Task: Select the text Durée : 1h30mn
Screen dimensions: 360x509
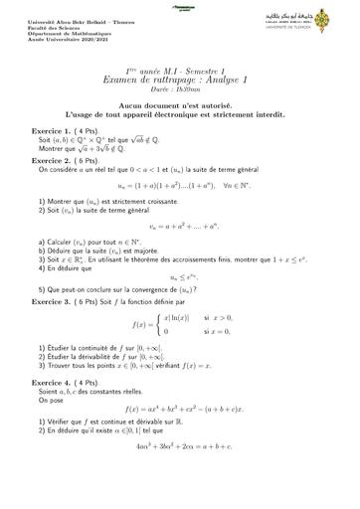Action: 180,88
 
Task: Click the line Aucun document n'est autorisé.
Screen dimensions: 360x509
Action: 180,104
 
